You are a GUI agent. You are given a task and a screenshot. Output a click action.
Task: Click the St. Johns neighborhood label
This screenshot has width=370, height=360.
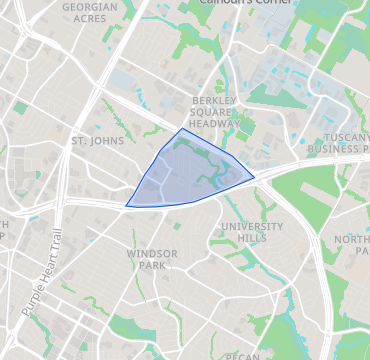[x=98, y=141]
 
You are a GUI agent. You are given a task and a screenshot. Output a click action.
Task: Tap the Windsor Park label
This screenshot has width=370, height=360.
[x=152, y=260]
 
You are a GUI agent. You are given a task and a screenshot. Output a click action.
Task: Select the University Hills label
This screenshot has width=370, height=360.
[x=252, y=233]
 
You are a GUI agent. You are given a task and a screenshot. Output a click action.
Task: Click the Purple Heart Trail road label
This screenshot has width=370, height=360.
[x=41, y=284]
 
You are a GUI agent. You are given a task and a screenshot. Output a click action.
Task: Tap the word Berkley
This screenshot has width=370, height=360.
[x=213, y=102]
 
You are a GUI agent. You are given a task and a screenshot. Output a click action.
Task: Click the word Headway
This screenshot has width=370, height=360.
[x=213, y=125]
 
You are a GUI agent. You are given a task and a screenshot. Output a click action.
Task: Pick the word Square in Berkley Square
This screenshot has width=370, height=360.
[x=213, y=113]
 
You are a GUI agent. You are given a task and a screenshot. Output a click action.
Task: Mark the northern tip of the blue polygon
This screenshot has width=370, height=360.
[x=181, y=129]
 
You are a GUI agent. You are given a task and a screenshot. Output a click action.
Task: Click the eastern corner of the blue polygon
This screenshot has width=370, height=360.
[x=254, y=178]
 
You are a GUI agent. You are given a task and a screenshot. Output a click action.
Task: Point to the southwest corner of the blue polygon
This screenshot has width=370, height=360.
[x=126, y=207]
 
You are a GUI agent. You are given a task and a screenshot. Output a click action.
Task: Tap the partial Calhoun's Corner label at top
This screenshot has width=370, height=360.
[x=240, y=3]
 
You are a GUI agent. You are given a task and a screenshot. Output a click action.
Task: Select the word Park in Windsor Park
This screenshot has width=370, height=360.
[x=152, y=267]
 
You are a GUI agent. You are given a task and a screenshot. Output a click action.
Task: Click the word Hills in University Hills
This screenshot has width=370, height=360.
[x=252, y=240]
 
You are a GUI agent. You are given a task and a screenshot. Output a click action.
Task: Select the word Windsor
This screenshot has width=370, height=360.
[x=152, y=254]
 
